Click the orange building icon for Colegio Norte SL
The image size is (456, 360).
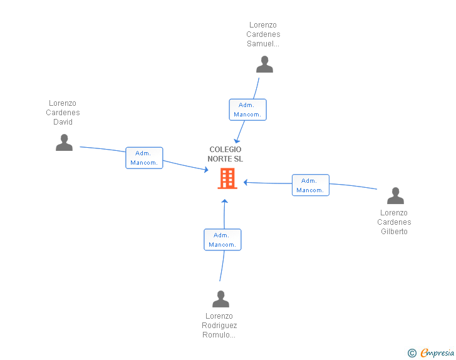tap(227, 178)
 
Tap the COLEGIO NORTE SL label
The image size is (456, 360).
tap(225, 154)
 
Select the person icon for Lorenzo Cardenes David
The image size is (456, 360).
tap(64, 143)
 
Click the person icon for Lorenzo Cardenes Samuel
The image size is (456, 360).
tap(264, 64)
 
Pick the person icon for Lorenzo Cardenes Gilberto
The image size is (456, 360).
tap(395, 196)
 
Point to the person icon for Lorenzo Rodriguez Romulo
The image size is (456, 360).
tap(220, 299)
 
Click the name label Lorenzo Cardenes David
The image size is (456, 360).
tap(63, 113)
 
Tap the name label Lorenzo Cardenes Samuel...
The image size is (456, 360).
tap(263, 34)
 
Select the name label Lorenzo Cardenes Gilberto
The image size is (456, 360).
tap(394, 222)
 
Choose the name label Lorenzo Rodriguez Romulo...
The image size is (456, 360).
tap(219, 326)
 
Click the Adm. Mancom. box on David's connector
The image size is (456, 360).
tap(144, 158)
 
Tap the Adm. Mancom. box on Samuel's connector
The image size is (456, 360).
tap(248, 110)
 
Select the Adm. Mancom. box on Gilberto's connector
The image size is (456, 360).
tap(311, 185)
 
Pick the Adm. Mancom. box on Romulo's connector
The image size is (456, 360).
tap(222, 240)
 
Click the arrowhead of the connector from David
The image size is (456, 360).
tap(207, 170)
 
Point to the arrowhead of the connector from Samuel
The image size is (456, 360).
tap(237, 141)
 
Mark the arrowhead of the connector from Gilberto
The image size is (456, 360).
tap(246, 182)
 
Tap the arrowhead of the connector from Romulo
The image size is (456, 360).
tap(224, 201)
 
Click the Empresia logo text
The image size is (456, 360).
tap(437, 353)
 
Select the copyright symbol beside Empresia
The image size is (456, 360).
tap(412, 353)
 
